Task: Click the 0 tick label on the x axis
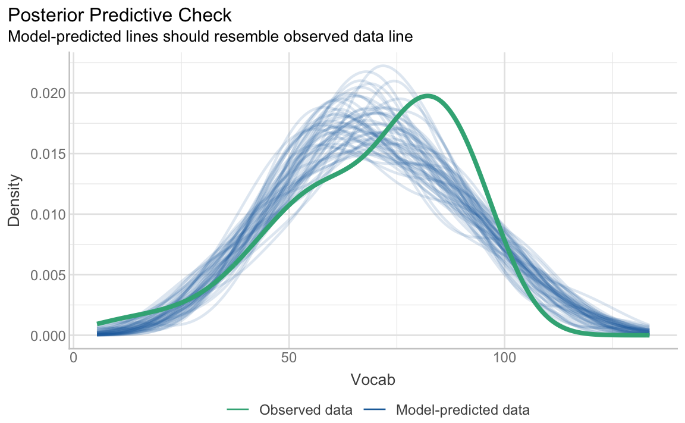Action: point(73,359)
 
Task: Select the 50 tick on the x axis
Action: point(289,359)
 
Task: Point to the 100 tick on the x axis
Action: point(504,359)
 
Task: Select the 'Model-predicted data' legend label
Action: point(463,410)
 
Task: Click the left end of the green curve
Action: point(98,324)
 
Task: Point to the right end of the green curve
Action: point(648,336)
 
